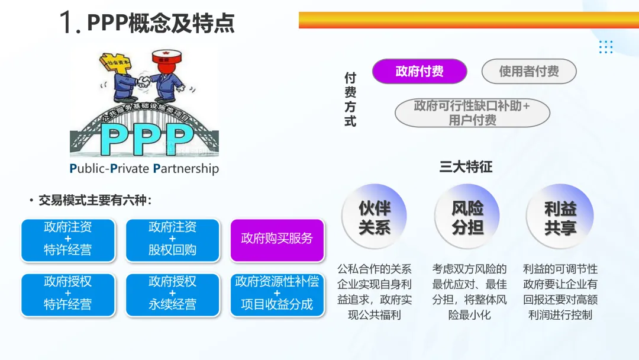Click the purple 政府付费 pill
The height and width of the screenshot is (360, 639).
pos(419,72)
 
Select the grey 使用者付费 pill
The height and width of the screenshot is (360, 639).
pos(529,72)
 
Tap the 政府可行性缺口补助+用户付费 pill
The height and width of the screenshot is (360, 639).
pos(472,112)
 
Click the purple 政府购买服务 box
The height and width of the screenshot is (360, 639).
pos(277,239)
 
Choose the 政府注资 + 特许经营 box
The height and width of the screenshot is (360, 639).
pos(67,239)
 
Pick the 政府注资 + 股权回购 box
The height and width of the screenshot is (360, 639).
pos(172,239)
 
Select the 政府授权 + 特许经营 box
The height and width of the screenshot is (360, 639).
pos(67,293)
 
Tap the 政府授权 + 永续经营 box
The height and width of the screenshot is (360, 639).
pos(172,293)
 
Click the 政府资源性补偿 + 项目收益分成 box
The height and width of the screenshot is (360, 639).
pos(277,293)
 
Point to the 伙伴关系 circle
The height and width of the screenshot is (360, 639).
pos(375,217)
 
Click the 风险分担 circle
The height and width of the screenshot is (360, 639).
pos(467,217)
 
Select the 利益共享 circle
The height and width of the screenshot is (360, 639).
pos(560,217)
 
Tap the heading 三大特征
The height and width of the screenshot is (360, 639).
pos(466,166)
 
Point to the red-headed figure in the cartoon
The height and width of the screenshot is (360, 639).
pos(165,74)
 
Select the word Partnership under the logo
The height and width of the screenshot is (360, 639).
pos(186,169)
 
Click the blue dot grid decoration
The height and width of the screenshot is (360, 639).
pos(605,47)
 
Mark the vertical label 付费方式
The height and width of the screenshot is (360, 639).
pos(350,99)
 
